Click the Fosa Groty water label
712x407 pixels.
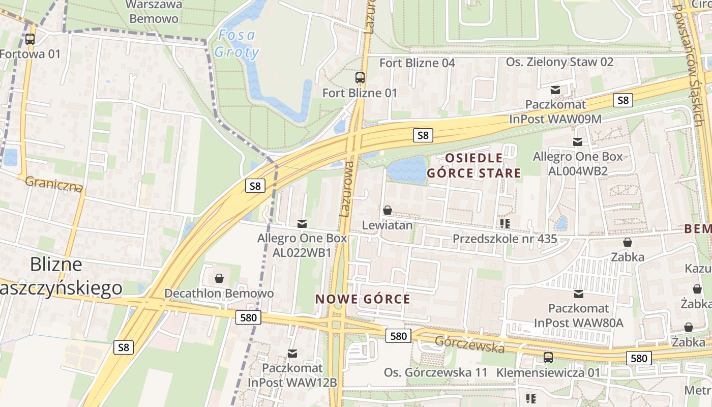click(236, 44)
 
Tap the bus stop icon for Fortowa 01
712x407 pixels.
click(30, 39)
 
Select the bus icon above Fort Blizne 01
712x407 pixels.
click(360, 78)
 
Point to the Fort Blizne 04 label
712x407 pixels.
click(417, 63)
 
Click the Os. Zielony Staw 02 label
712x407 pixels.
click(559, 62)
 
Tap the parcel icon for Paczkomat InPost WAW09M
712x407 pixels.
click(555, 90)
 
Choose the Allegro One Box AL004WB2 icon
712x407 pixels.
click(577, 142)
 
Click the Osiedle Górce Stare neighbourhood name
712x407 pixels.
click(474, 166)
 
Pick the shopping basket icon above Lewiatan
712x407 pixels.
click(387, 210)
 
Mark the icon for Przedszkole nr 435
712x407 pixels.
click(505, 223)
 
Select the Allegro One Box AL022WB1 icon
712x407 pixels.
click(302, 223)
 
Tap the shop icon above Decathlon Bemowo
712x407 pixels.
click(219, 278)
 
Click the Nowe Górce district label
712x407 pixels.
click(363, 299)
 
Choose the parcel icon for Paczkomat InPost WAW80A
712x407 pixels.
click(578, 294)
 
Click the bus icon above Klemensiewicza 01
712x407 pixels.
click(548, 358)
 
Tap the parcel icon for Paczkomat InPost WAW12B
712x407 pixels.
click(292, 353)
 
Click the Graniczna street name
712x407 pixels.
click(53, 184)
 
